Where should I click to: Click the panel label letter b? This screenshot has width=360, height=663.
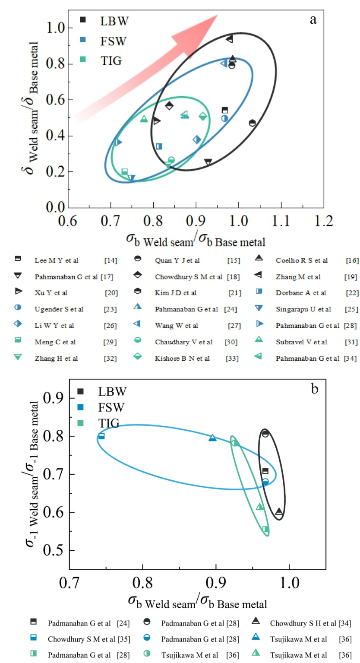click(314, 389)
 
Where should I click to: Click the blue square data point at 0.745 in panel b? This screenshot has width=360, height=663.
click(101, 436)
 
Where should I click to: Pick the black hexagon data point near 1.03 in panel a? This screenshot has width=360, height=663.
click(253, 123)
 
